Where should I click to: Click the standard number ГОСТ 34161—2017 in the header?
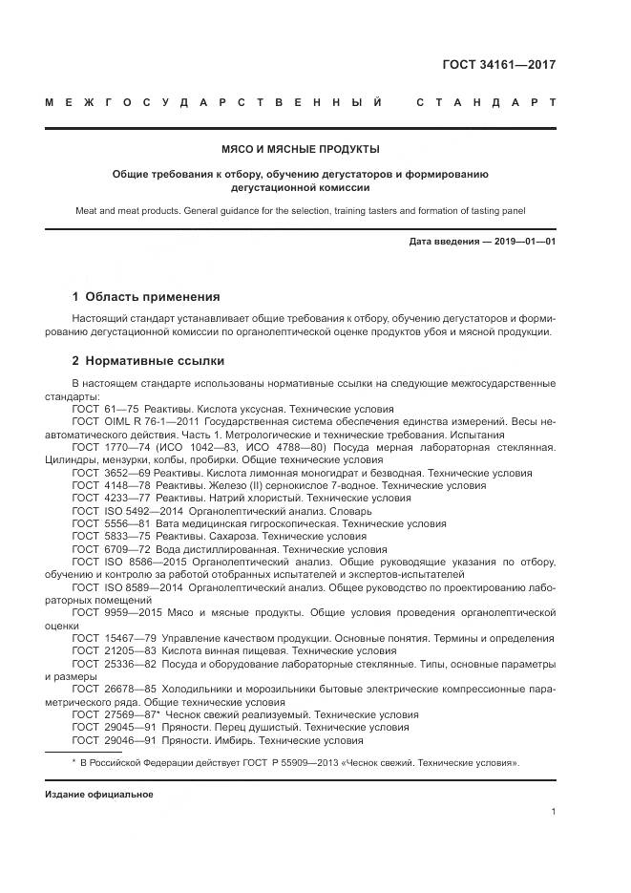click(498, 66)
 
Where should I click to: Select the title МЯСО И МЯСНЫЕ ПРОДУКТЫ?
click(300, 149)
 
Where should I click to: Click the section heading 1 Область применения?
click(146, 296)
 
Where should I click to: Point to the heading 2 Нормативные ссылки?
click(149, 361)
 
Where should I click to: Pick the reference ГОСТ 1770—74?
click(112, 447)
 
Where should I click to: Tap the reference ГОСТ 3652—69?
click(112, 473)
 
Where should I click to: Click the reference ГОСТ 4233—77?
click(112, 499)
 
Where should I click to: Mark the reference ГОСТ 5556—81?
click(112, 524)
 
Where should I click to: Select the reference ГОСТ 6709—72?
click(112, 550)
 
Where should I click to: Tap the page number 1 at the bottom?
click(553, 812)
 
